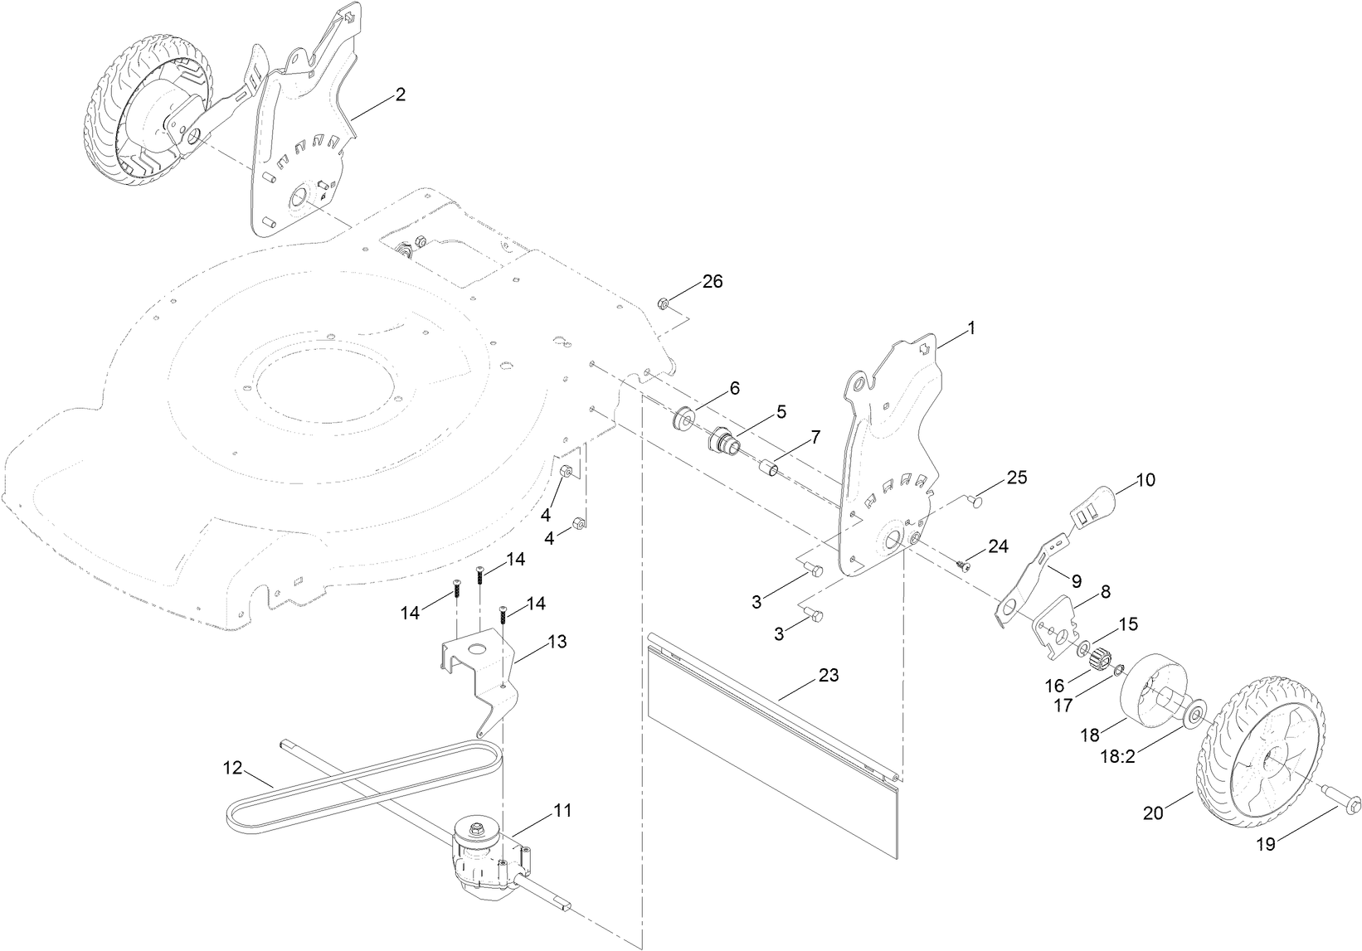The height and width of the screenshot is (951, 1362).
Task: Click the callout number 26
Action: (x=713, y=281)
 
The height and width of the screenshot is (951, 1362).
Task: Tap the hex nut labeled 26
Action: (x=664, y=302)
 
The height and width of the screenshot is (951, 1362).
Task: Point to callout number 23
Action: (x=828, y=676)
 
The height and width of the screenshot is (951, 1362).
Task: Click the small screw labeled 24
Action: (x=964, y=565)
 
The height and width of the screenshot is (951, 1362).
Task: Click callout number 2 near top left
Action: (x=400, y=95)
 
